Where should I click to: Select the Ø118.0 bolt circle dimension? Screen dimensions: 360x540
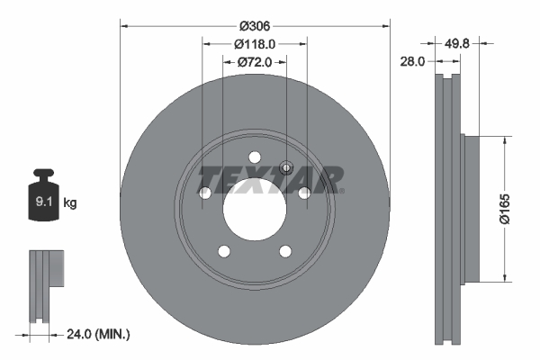(x=255, y=42)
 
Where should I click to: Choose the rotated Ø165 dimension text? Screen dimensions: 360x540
(x=507, y=209)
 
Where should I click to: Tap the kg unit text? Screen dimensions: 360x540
(x=70, y=203)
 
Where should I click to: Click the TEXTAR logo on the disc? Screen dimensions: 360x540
(x=270, y=178)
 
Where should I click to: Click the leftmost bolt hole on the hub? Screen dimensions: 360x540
(x=204, y=193)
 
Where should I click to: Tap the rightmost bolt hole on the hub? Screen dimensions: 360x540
(x=305, y=193)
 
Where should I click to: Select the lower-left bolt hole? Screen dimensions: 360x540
(x=224, y=251)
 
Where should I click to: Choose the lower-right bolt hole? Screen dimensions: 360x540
(x=285, y=251)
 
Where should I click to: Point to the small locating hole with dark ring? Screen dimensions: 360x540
(x=287, y=166)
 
